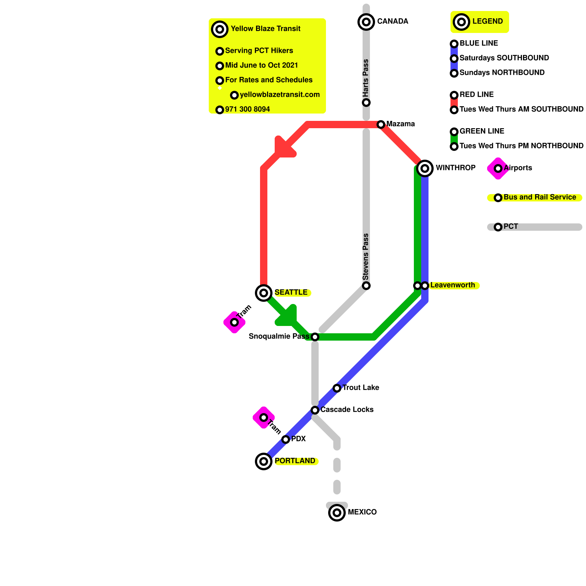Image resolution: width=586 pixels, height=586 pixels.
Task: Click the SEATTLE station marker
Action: pyautogui.click(x=264, y=293)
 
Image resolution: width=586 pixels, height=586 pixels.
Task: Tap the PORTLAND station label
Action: pyautogui.click(x=295, y=461)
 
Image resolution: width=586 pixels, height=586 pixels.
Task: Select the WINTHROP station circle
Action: pyautogui.click(x=425, y=168)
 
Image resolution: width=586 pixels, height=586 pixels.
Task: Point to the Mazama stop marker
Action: pyautogui.click(x=381, y=125)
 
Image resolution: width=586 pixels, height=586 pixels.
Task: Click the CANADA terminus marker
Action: pyautogui.click(x=366, y=22)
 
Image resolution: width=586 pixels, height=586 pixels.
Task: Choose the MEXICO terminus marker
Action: pyautogui.click(x=337, y=512)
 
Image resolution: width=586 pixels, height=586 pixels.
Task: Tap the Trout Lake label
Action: pyautogui.click(x=361, y=387)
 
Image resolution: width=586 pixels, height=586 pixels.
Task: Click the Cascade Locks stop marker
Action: pyautogui.click(x=315, y=410)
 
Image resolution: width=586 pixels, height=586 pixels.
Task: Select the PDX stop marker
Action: pyautogui.click(x=286, y=439)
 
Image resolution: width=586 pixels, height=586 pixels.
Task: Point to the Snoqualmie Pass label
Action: pyautogui.click(x=279, y=336)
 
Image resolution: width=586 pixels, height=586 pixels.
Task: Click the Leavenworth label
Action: pyautogui.click(x=453, y=285)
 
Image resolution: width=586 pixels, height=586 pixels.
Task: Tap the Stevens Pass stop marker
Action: pyautogui.click(x=366, y=286)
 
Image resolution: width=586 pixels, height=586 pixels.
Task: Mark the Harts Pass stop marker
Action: pyautogui.click(x=366, y=103)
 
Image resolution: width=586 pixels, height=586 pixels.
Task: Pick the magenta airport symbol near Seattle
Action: pyautogui.click(x=234, y=322)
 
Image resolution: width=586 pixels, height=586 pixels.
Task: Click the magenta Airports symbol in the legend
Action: pyautogui.click(x=498, y=168)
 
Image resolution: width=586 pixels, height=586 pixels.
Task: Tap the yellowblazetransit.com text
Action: pyautogui.click(x=280, y=94)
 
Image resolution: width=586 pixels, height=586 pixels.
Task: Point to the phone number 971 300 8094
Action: pyautogui.click(x=248, y=109)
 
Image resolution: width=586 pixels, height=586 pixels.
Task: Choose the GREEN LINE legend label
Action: pyautogui.click(x=482, y=131)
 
